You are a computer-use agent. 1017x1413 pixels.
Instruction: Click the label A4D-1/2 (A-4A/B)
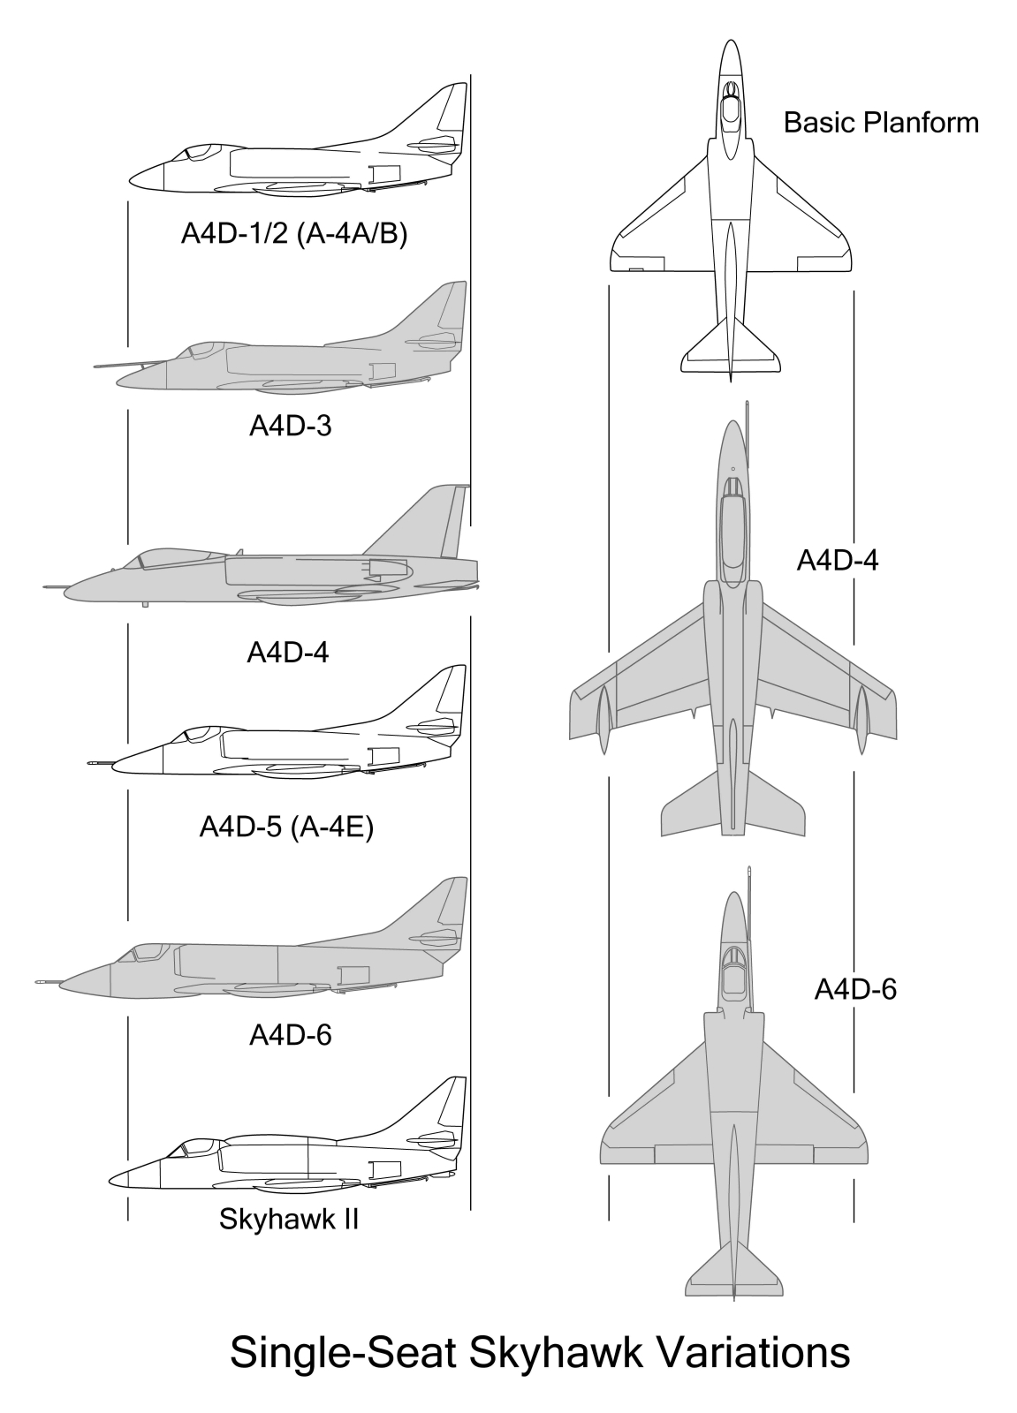click(x=294, y=234)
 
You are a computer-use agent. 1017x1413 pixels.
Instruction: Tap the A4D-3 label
click(x=291, y=427)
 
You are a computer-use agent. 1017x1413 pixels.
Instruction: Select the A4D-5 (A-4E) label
click(x=286, y=827)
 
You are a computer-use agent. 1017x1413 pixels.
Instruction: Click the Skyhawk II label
click(x=289, y=1219)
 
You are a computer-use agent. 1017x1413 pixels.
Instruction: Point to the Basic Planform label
click(x=881, y=123)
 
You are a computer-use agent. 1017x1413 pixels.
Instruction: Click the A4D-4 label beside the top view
click(x=838, y=560)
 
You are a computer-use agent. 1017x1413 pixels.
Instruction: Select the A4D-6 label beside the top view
click(x=855, y=989)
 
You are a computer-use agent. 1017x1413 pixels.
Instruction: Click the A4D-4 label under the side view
click(x=288, y=653)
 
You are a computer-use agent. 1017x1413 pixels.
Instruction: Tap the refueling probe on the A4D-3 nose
click(x=129, y=365)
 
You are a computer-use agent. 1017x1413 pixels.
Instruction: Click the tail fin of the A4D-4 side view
click(x=426, y=524)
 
